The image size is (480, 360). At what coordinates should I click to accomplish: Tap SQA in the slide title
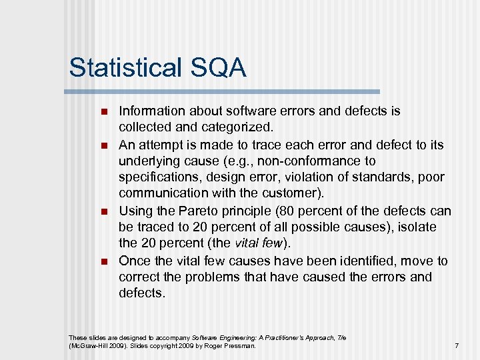[x=222, y=68]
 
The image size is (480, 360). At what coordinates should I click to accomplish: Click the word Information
[x=153, y=111]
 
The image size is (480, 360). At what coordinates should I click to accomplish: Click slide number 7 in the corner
[x=456, y=345]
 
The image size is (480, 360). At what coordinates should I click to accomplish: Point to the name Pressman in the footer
[x=239, y=345]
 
